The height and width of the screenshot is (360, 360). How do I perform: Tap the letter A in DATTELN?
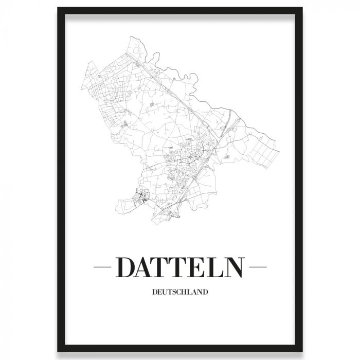click(149, 267)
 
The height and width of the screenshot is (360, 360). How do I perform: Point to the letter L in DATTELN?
click(217, 267)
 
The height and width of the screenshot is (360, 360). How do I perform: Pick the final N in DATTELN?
click(235, 267)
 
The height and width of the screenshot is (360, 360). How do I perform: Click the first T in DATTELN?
click(166, 267)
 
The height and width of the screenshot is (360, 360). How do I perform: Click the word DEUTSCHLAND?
click(180, 293)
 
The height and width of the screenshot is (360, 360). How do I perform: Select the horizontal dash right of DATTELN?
click(258, 267)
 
